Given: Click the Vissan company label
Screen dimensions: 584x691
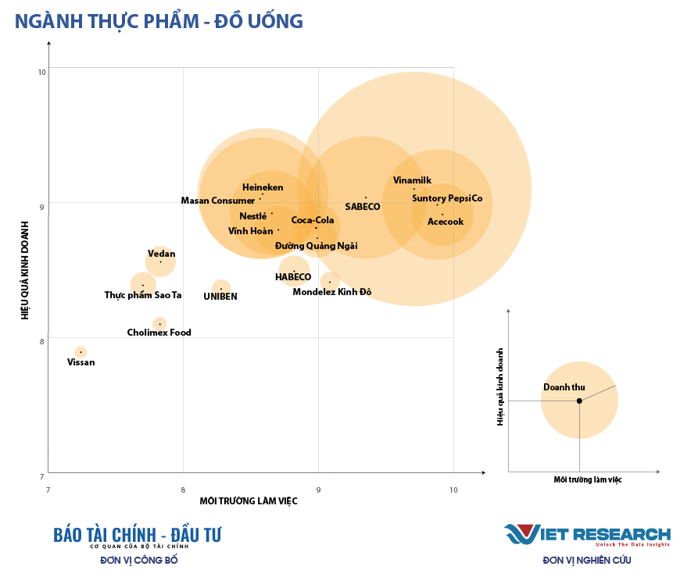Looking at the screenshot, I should (x=81, y=362).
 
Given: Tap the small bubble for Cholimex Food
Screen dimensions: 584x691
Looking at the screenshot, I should (x=159, y=323).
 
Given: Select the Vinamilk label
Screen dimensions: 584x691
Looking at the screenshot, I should (x=412, y=180).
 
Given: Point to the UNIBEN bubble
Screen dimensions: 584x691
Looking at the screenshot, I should (x=221, y=288).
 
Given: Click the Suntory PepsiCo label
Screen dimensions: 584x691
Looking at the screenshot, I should (x=447, y=198).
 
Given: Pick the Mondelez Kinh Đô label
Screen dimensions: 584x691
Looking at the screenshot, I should (x=332, y=292).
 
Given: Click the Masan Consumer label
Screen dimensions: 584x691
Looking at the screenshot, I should (x=218, y=201).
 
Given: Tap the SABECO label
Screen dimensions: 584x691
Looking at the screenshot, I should (x=362, y=207).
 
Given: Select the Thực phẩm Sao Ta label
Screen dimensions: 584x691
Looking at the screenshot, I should (x=143, y=295).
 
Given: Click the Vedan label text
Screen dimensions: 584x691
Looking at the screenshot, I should (x=161, y=254).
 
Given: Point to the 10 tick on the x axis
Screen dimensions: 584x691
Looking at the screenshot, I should (x=453, y=490).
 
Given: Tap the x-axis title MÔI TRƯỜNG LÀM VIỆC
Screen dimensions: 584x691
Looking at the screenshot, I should (x=249, y=501).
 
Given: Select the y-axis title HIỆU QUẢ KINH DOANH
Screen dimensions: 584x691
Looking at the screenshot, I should (x=26, y=269).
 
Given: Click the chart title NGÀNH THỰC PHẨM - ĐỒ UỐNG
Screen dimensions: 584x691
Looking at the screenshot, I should (x=159, y=21).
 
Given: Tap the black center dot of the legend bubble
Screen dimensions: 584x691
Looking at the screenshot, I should (x=579, y=401).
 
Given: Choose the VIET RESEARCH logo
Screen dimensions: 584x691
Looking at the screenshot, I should (x=587, y=535).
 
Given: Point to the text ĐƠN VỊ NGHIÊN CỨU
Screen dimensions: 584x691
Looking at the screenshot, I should (x=587, y=560).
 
